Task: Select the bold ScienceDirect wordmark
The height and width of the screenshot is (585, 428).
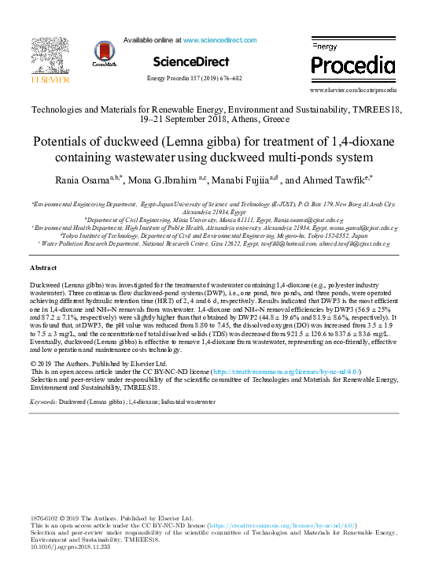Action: pyautogui.click(x=191, y=61)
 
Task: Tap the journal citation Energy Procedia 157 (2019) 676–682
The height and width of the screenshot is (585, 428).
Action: pyautogui.click(x=194, y=79)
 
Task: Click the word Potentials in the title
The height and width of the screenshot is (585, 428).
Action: pyautogui.click(x=65, y=145)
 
